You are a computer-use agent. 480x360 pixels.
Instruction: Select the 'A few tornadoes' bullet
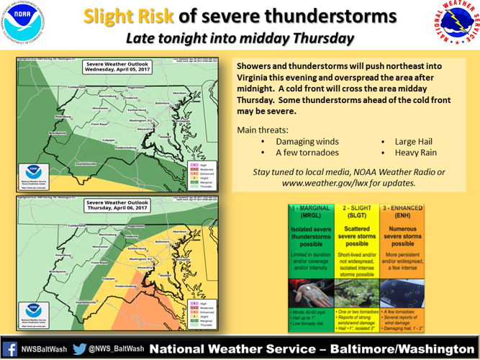click(308, 152)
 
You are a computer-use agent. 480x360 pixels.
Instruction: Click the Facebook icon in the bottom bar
click(11, 348)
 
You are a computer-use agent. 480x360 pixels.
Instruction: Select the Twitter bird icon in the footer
click(80, 348)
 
